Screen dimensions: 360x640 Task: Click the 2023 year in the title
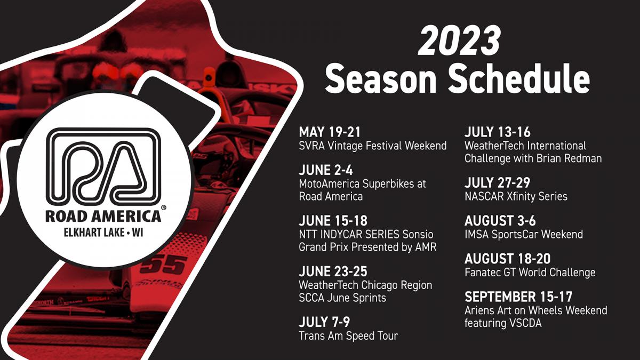pos(459,41)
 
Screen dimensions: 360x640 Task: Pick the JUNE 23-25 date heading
pos(333,271)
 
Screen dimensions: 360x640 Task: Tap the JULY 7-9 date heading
pos(324,322)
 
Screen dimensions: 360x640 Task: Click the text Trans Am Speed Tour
pos(348,335)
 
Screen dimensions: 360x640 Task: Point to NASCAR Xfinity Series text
pos(516,196)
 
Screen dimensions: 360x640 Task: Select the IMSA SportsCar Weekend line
pos(524,234)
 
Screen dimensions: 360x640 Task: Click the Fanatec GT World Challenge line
pos(530,272)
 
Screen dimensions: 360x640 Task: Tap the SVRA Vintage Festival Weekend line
pos(373,146)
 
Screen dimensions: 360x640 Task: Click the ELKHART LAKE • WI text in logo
pos(103,233)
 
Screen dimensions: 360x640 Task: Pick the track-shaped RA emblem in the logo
pos(103,167)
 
